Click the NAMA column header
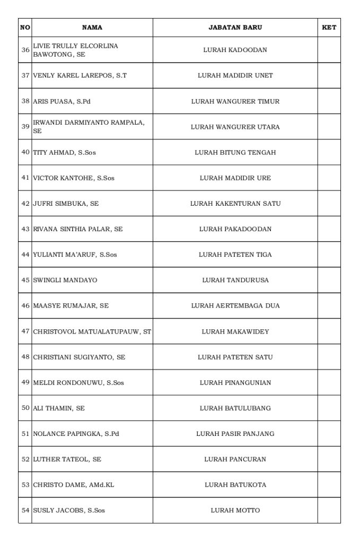(x=92, y=28)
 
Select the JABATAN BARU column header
(x=235, y=28)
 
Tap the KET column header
(x=329, y=28)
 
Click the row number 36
(x=25, y=50)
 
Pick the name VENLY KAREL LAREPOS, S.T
(x=80, y=76)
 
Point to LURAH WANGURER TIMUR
(x=235, y=101)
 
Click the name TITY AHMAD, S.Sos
(x=64, y=153)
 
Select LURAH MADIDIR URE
(x=235, y=178)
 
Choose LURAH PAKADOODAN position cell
(x=235, y=229)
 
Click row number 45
(x=25, y=280)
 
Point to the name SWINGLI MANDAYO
(x=65, y=280)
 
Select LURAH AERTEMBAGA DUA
(x=235, y=306)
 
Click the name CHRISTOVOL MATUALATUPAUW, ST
(x=92, y=332)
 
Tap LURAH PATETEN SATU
(x=235, y=357)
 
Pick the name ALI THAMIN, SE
(x=58, y=408)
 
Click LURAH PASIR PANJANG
(x=235, y=434)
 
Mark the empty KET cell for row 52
(x=329, y=459)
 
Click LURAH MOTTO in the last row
(x=235, y=511)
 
